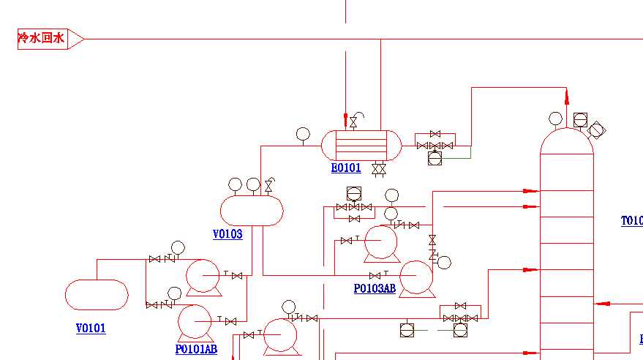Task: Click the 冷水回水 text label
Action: point(42,38)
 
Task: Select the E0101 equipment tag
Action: point(346,168)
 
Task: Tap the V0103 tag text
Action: point(228,234)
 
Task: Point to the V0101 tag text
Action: point(91,329)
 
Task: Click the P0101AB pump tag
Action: point(196,349)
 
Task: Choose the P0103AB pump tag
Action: point(375,288)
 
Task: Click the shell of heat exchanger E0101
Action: point(361,145)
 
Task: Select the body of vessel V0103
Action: point(252,211)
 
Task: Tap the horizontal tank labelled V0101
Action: point(97,295)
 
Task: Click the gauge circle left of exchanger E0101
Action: point(303,133)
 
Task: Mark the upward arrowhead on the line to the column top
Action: point(567,95)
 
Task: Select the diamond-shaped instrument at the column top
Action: point(597,130)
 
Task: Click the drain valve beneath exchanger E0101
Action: point(379,170)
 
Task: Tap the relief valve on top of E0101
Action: point(354,121)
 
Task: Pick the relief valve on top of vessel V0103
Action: point(269,186)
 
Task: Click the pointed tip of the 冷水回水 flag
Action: point(83,39)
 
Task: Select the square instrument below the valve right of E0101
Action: point(435,157)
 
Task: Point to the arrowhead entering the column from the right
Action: point(599,303)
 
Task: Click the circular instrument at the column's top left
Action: point(556,119)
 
